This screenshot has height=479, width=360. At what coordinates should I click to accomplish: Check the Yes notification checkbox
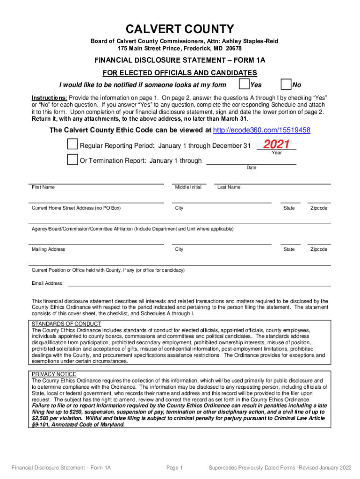click(x=244, y=84)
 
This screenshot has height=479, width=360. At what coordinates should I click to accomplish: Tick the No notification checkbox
click(x=286, y=84)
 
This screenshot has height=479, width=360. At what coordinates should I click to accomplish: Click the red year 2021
click(x=277, y=144)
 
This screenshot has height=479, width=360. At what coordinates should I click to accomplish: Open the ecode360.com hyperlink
click(x=261, y=130)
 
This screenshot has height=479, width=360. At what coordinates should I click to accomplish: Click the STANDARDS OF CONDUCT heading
click(x=66, y=324)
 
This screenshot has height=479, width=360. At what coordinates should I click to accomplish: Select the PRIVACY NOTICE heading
click(x=54, y=374)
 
